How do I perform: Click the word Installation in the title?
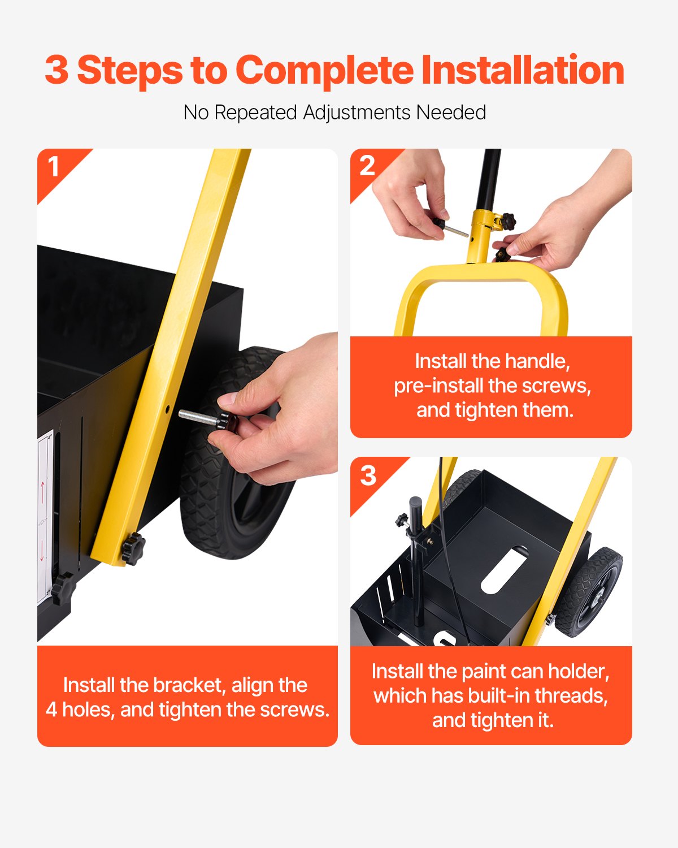[523, 70]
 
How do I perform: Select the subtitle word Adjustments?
[357, 113]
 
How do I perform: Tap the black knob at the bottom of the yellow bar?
[133, 548]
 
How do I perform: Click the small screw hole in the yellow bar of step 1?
[167, 409]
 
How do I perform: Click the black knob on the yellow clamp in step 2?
[508, 221]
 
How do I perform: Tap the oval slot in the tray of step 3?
[505, 569]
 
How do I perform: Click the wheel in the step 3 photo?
[588, 592]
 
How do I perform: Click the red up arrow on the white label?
[43, 492]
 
